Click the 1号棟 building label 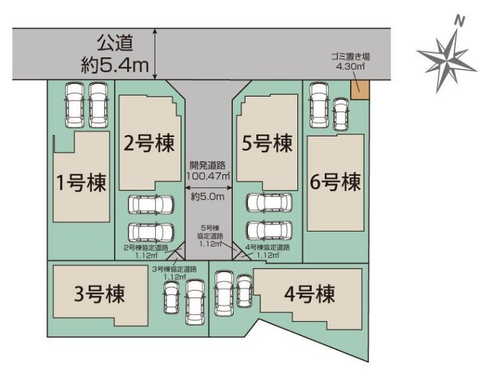pos(82,183)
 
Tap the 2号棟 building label pos(149,143)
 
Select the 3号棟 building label pos(100,294)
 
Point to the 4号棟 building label pos(310,294)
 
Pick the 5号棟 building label pos(267,143)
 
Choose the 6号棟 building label pos(335,183)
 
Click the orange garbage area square pos(360,90)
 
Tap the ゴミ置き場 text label pos(351,57)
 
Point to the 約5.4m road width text pos(115,65)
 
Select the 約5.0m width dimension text pos(208,197)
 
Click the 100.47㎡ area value pos(208,176)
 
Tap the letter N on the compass pos(459,22)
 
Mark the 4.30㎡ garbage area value pos(351,66)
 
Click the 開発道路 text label pos(208,166)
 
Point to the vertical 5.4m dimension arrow pos(155,54)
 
